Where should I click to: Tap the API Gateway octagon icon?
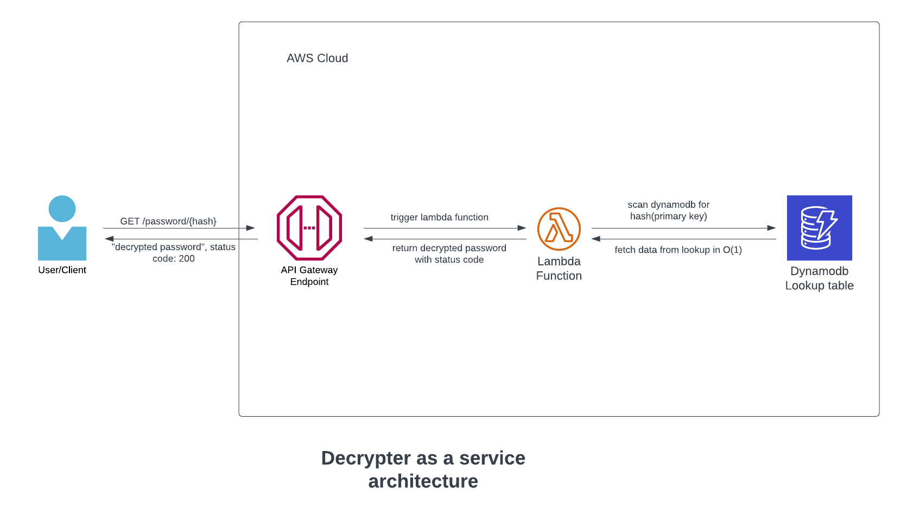point(309,228)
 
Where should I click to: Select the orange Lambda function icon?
point(559,228)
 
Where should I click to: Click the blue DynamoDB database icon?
point(819,228)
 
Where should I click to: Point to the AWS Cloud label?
point(317,58)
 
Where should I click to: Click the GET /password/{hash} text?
point(168,221)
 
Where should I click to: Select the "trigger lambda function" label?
point(439,217)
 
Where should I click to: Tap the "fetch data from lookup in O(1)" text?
point(678,250)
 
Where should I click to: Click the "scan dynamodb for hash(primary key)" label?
point(668,211)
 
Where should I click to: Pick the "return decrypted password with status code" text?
point(449,253)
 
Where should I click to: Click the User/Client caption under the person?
point(62,270)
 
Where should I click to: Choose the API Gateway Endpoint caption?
point(309,276)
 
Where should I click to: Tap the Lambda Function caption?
point(559,269)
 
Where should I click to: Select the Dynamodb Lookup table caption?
point(819,278)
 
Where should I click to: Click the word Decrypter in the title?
point(366,458)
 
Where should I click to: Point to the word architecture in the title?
point(423,481)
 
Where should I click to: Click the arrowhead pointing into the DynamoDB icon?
point(772,228)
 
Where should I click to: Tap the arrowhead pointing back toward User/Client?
point(109,239)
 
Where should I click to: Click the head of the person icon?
point(62,209)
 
